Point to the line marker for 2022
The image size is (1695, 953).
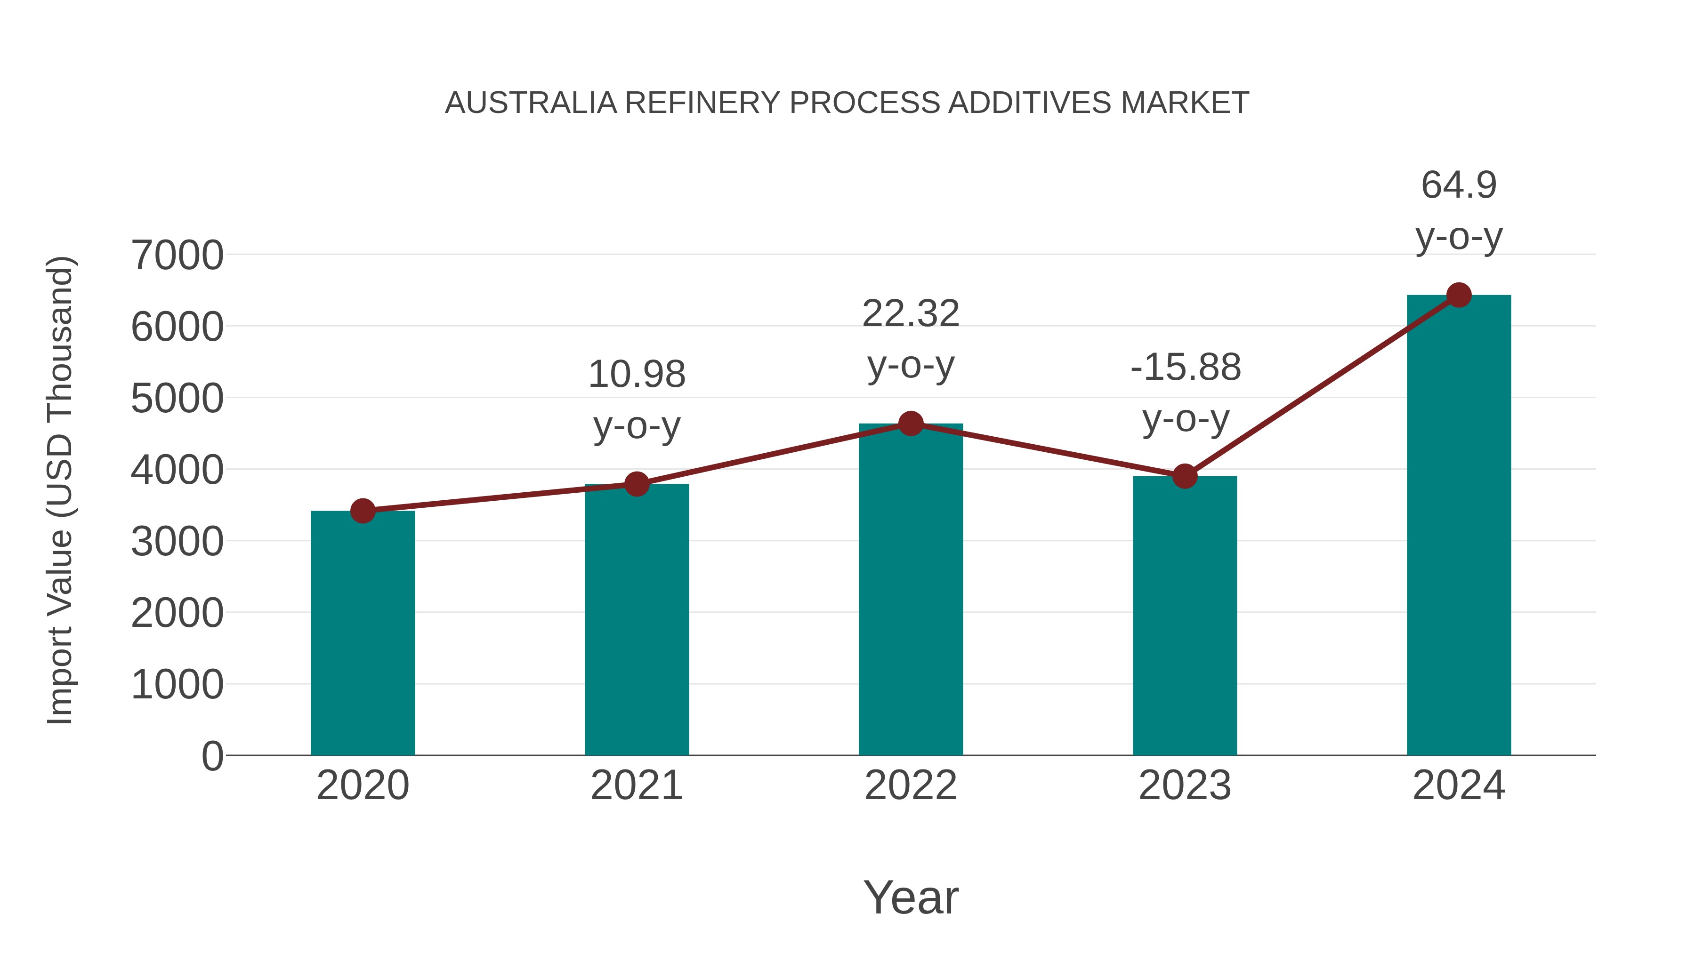click(911, 424)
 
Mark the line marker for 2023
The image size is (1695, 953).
click(1185, 475)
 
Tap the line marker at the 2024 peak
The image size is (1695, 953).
click(1459, 295)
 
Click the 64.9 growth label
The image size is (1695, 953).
click(1459, 185)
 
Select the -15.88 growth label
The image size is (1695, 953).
click(1186, 367)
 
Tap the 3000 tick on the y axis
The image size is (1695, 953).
click(177, 542)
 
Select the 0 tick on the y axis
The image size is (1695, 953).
click(212, 756)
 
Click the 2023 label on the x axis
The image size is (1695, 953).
click(1185, 785)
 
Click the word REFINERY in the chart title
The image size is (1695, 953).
click(702, 103)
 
